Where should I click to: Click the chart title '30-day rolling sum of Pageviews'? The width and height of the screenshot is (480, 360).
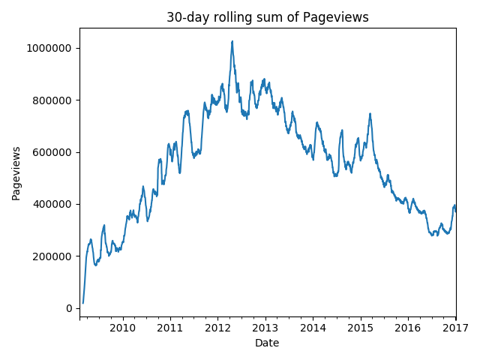[x=268, y=17]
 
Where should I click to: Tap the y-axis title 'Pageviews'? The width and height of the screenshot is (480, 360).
[x=16, y=173]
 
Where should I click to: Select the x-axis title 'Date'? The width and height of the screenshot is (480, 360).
[x=267, y=343]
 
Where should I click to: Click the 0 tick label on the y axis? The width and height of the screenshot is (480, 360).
[x=70, y=308]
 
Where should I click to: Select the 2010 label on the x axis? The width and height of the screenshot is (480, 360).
[x=123, y=327]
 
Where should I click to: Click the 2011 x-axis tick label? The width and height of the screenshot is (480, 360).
[x=170, y=327]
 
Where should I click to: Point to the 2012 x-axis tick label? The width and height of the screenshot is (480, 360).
[x=217, y=327]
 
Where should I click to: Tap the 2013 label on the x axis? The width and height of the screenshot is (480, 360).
[x=265, y=327]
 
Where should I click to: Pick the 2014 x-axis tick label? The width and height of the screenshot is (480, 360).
[x=313, y=327]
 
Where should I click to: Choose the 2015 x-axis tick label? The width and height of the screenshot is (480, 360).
[x=361, y=327]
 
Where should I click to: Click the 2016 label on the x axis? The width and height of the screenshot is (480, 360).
[x=408, y=327]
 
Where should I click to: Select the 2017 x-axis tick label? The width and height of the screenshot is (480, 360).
[x=455, y=327]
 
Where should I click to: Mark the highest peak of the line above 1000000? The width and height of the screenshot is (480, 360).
[x=232, y=41]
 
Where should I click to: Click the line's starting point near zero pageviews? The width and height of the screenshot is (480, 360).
[x=82, y=303]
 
